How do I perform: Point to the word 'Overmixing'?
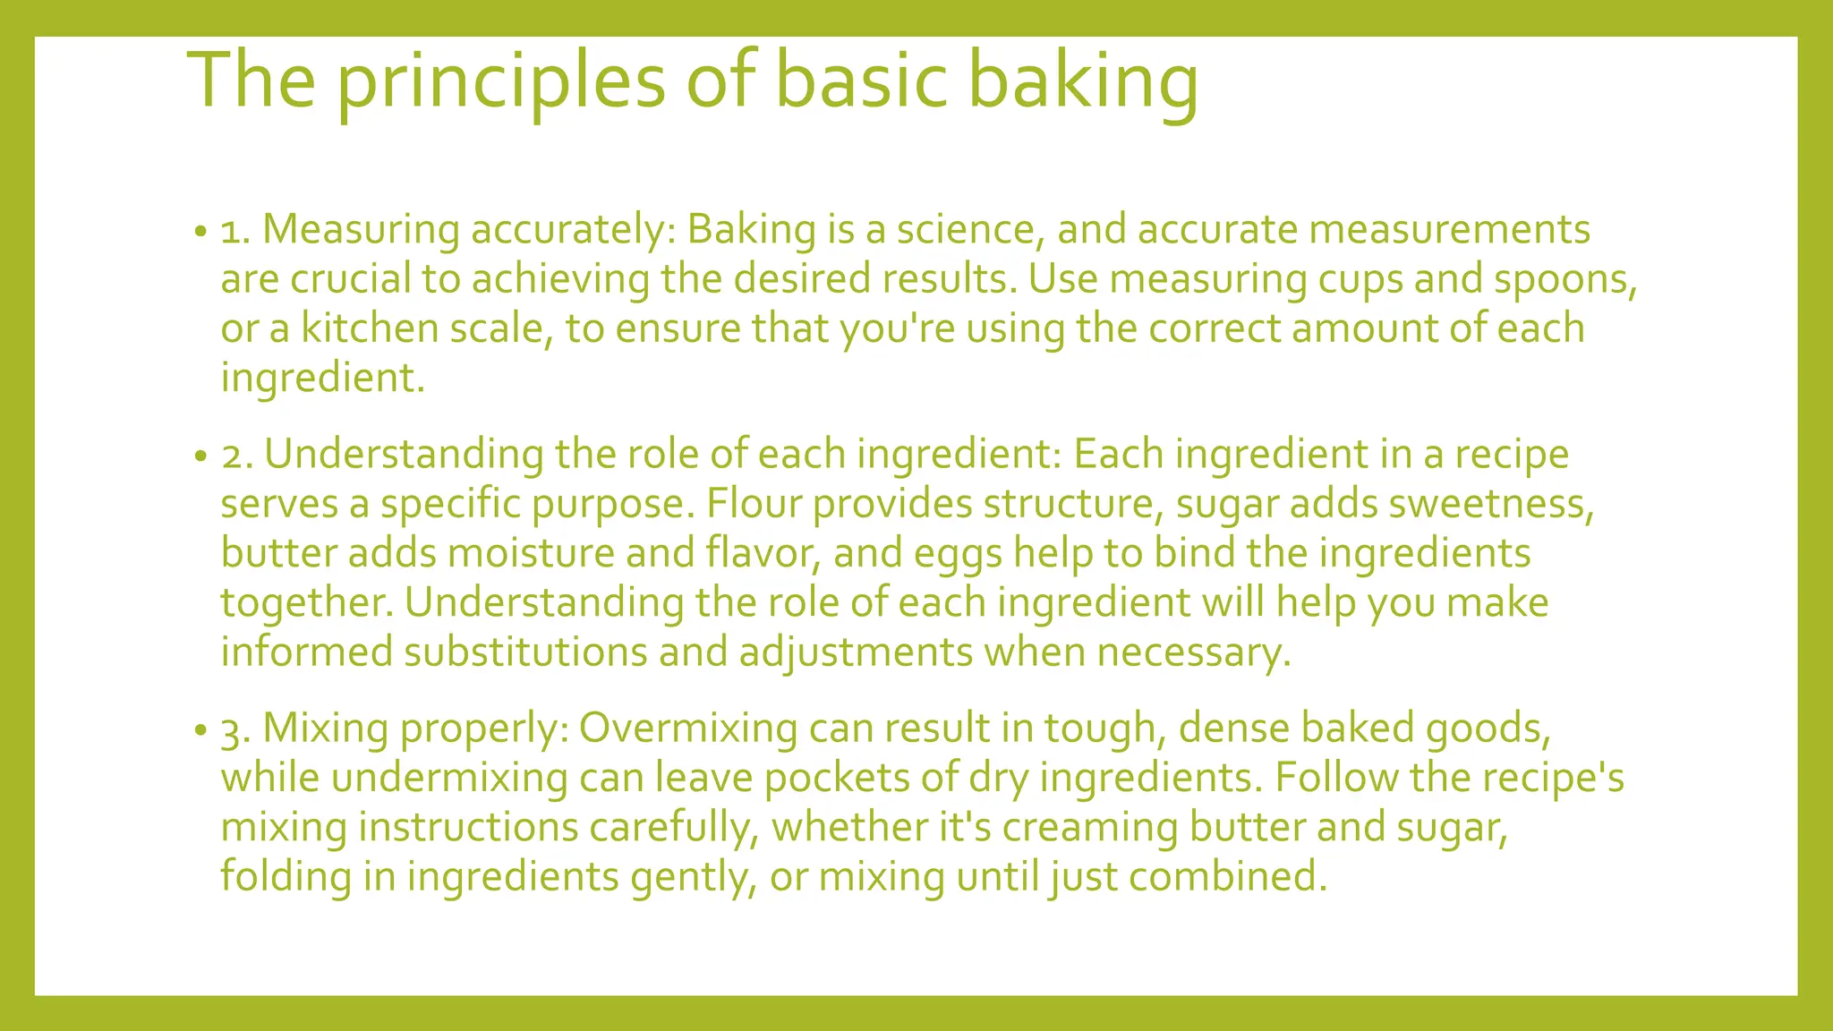687,728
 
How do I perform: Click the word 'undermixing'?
448,777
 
